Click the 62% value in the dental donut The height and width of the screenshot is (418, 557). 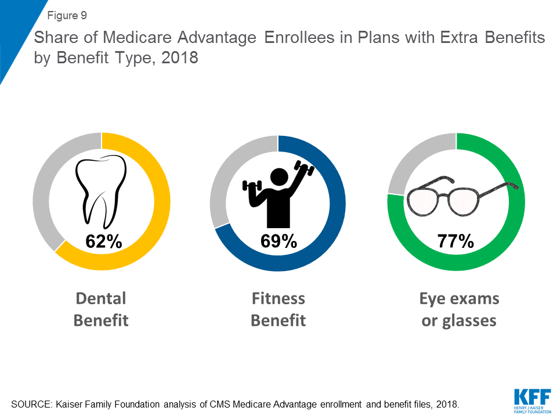[x=103, y=241]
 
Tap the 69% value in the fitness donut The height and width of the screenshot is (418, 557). [x=278, y=241]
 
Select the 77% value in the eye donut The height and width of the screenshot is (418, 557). [x=455, y=241]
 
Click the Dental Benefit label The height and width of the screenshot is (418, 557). [x=101, y=309]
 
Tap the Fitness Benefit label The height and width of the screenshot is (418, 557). [x=278, y=309]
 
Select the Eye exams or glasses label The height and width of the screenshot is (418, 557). [x=459, y=309]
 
